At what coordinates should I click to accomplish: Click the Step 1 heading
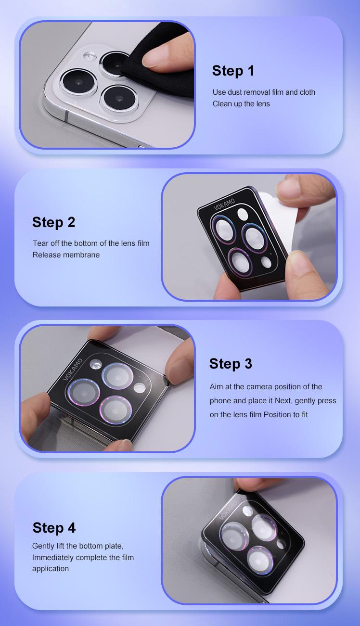pyautogui.click(x=233, y=71)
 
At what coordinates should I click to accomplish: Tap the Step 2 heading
pyautogui.click(x=54, y=222)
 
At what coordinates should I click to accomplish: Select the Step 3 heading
pyautogui.click(x=231, y=364)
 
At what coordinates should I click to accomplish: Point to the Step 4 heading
pyautogui.click(x=54, y=528)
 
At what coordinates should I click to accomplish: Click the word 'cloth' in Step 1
pyautogui.click(x=308, y=92)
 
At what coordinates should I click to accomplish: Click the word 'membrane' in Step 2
pyautogui.click(x=82, y=255)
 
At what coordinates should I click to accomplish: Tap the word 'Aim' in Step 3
pyautogui.click(x=215, y=387)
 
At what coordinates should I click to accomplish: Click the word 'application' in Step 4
pyautogui.click(x=51, y=569)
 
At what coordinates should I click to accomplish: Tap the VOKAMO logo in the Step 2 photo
pyautogui.click(x=224, y=204)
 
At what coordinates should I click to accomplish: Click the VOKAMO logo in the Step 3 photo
pyautogui.click(x=73, y=369)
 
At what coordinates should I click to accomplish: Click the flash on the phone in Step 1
pyautogui.click(x=90, y=56)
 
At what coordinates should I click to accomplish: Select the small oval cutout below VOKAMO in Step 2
pyautogui.click(x=243, y=214)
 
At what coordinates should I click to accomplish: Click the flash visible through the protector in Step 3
pyautogui.click(x=96, y=364)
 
